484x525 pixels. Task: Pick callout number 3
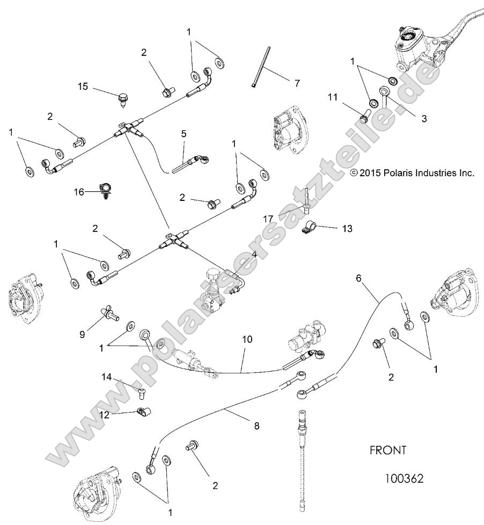point(424,118)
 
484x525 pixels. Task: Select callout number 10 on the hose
point(247,340)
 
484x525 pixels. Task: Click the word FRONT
point(388,451)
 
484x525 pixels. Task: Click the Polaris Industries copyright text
point(412,173)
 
